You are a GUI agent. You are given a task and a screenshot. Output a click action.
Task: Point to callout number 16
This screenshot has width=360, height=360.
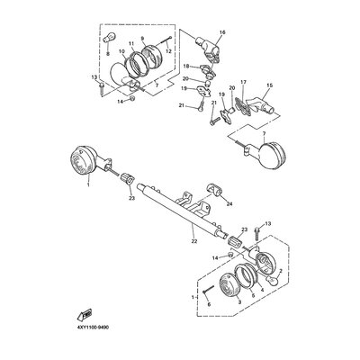[224, 32]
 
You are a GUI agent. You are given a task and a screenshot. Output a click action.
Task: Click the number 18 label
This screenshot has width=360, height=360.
[184, 66]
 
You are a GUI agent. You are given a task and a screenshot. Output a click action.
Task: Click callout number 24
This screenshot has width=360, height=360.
[229, 203]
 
